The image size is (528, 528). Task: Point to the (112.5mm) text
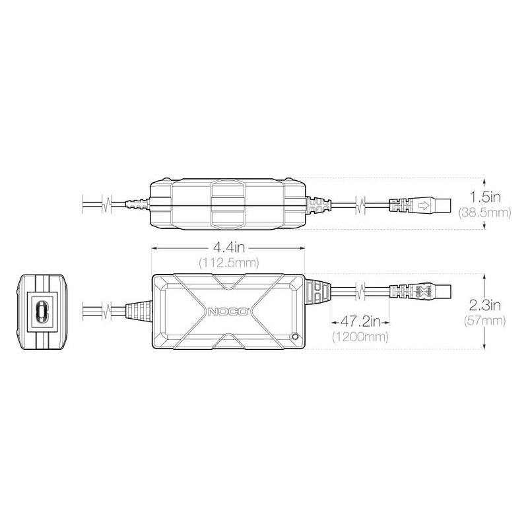[x=228, y=262]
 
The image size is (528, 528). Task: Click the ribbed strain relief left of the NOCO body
[x=137, y=310]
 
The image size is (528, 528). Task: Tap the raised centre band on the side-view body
[x=228, y=203]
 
